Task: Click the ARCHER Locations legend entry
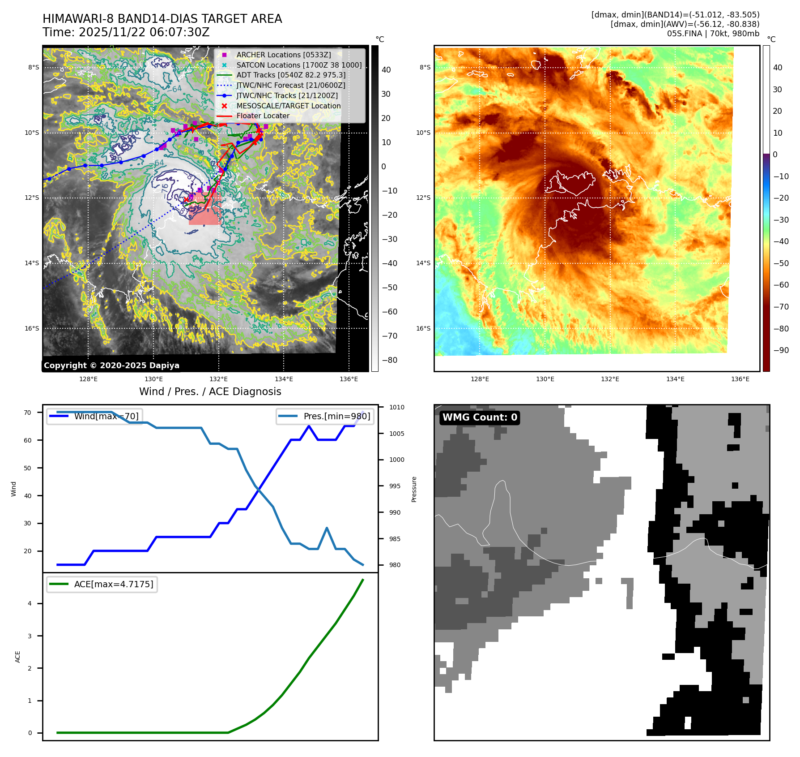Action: [x=284, y=55]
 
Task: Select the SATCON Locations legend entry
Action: [x=299, y=65]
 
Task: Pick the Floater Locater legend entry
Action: [x=263, y=116]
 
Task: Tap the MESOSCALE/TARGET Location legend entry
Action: [x=288, y=106]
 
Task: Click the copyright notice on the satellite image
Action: [x=111, y=366]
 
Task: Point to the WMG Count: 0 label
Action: [x=480, y=417]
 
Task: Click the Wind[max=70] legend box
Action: [x=95, y=416]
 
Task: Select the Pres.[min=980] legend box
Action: [x=325, y=416]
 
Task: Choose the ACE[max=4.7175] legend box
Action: [x=102, y=584]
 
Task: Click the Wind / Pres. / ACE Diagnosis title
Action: [x=210, y=391]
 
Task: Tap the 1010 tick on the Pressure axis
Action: [x=396, y=407]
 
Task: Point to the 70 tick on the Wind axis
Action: [x=28, y=413]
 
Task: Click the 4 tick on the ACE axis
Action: [x=30, y=603]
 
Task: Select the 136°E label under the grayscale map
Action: [x=349, y=379]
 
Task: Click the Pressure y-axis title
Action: [x=414, y=489]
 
